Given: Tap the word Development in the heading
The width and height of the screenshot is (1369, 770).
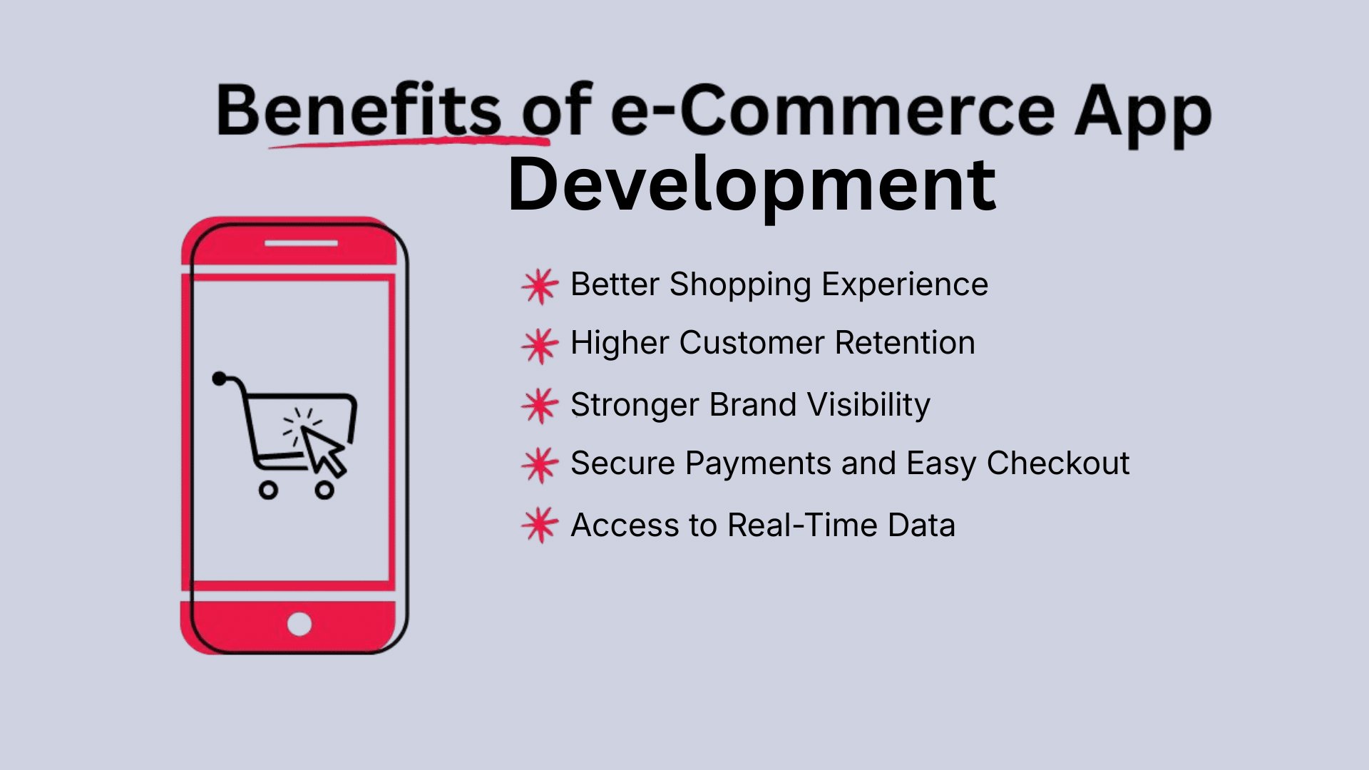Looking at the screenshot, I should tap(752, 185).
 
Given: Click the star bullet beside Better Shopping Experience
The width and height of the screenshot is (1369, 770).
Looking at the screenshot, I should tap(540, 286).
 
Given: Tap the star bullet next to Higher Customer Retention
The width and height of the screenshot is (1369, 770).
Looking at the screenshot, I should tap(540, 345).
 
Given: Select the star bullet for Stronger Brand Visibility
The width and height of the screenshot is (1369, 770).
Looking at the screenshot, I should tap(540, 406).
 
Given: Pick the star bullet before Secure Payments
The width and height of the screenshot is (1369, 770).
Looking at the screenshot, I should tap(540, 465).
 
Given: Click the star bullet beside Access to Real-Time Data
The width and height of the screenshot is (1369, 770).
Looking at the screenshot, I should tap(540, 525).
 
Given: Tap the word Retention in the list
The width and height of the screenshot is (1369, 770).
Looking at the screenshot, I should tap(905, 343).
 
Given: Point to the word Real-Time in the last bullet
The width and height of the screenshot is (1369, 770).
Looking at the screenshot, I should tap(802, 525).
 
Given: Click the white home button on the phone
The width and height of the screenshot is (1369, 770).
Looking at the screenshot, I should tap(299, 624).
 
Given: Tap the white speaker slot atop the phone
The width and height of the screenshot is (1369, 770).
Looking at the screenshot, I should tap(301, 243).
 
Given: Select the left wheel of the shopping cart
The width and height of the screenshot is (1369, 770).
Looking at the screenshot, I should tap(268, 490).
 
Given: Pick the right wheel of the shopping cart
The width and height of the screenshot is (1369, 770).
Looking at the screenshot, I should tap(324, 490).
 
